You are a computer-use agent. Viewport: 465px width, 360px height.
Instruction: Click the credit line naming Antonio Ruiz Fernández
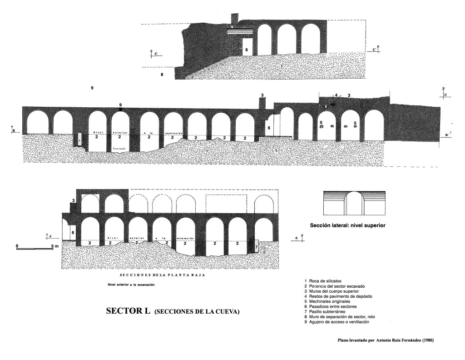386,340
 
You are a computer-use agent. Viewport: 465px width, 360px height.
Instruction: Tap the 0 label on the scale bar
17,246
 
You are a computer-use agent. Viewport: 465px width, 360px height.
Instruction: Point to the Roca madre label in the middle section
119,149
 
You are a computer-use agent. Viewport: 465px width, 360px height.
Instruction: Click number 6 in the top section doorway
247,50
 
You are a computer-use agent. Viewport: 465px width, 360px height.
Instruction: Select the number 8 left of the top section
162,74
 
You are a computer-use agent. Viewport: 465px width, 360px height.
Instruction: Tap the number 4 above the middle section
336,95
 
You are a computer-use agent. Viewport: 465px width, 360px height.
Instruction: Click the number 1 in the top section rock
282,66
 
